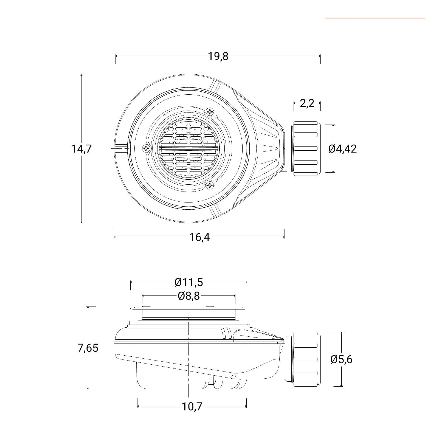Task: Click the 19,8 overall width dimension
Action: point(218,56)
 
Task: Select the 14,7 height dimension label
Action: point(81,149)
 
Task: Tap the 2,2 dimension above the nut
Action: point(307,103)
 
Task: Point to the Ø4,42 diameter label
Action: point(342,149)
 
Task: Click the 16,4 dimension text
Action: point(199,237)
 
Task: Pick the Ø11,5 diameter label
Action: point(189,282)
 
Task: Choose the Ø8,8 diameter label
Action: point(189,296)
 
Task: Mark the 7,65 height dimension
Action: point(88,348)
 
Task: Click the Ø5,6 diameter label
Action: point(342,359)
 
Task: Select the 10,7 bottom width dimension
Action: point(192,406)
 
